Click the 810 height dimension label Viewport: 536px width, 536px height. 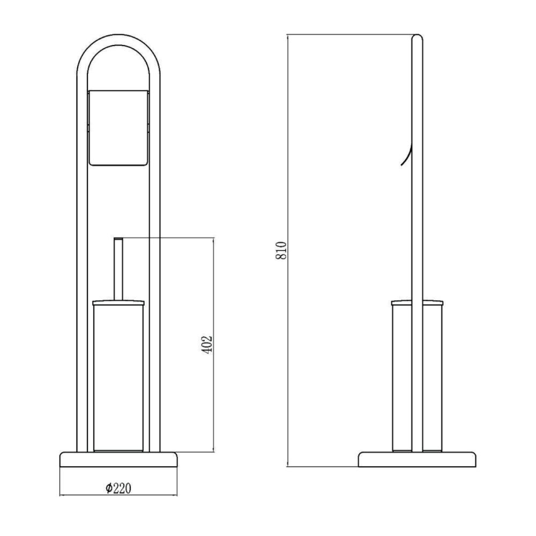click(x=281, y=250)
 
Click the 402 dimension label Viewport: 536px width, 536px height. click(x=207, y=345)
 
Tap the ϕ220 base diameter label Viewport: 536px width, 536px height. click(x=118, y=488)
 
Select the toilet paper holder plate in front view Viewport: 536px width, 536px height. click(x=118, y=128)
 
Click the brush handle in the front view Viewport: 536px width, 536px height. click(x=118, y=269)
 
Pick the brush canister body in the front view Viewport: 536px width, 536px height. click(x=118, y=378)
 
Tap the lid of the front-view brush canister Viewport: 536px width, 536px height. click(x=118, y=302)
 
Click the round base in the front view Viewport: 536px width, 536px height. click(x=118, y=459)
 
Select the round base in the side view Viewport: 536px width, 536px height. click(x=417, y=459)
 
